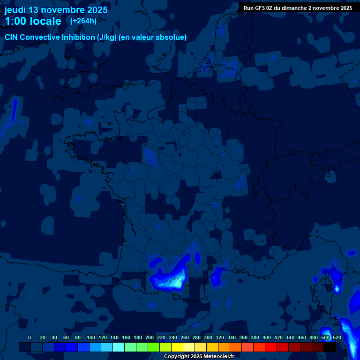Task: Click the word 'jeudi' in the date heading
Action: pos(15,10)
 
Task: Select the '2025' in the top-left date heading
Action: pos(95,10)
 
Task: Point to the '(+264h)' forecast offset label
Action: pos(83,21)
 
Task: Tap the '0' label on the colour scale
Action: pos(30,337)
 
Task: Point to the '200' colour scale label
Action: pos(150,337)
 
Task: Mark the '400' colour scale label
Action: pos(267,337)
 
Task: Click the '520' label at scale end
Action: pos(337,337)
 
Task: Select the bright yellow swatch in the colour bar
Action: pos(177,347)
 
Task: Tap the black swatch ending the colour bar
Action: pos(330,347)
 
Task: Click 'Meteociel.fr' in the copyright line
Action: pos(218,357)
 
